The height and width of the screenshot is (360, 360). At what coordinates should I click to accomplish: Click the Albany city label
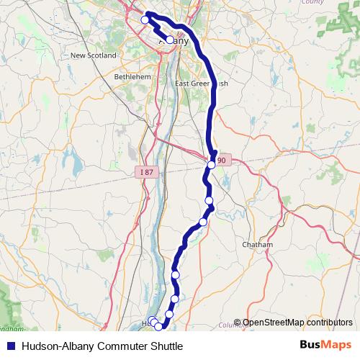click(x=174, y=41)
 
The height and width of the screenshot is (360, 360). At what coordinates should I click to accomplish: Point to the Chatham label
click(x=257, y=245)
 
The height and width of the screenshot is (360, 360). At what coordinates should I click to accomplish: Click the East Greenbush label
click(x=202, y=83)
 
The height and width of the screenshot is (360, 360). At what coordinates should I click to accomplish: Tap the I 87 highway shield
click(x=146, y=172)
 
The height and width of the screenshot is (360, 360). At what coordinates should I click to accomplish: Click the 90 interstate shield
click(x=221, y=160)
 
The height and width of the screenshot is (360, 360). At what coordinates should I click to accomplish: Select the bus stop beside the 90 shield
click(x=211, y=166)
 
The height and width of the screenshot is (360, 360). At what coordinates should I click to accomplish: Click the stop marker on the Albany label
click(x=170, y=40)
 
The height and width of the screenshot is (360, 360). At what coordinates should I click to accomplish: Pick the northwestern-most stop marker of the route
click(x=145, y=19)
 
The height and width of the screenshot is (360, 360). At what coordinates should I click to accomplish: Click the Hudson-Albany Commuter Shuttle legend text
click(x=102, y=346)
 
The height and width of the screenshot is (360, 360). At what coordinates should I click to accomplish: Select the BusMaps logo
click(x=325, y=346)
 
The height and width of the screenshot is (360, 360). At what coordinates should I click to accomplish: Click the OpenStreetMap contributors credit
click(x=297, y=323)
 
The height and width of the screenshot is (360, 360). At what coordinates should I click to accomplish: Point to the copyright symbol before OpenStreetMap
click(x=238, y=323)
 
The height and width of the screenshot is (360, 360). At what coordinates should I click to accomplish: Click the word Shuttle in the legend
click(x=165, y=346)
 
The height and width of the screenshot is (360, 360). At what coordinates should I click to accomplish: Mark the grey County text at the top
click(x=312, y=2)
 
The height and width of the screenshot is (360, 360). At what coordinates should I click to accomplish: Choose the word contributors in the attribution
click(x=328, y=323)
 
